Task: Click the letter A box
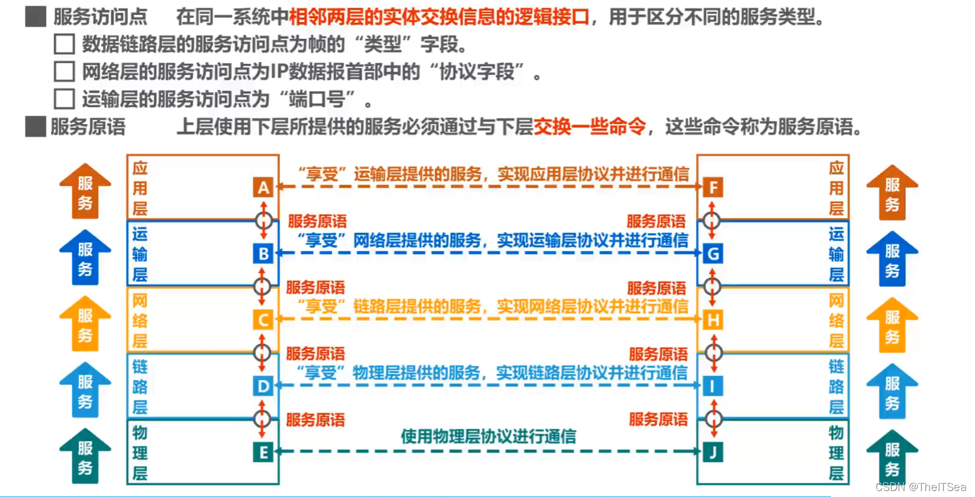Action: click(263, 188)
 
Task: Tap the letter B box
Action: click(263, 254)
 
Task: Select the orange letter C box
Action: click(263, 320)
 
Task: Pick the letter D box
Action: click(263, 387)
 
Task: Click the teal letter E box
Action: click(263, 453)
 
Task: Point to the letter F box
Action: click(713, 188)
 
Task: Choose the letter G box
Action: click(713, 254)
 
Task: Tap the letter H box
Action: click(713, 320)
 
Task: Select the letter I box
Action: click(713, 387)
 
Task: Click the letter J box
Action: click(713, 453)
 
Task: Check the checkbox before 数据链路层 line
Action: click(64, 44)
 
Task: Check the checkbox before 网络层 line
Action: click(64, 72)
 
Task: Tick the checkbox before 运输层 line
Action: click(64, 99)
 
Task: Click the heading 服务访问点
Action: click(100, 17)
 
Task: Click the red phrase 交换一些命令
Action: click(590, 126)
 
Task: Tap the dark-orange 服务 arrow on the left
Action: click(85, 191)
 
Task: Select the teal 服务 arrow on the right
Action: click(892, 457)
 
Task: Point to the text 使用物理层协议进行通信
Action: click(488, 437)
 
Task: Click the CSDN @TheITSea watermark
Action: click(921, 487)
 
